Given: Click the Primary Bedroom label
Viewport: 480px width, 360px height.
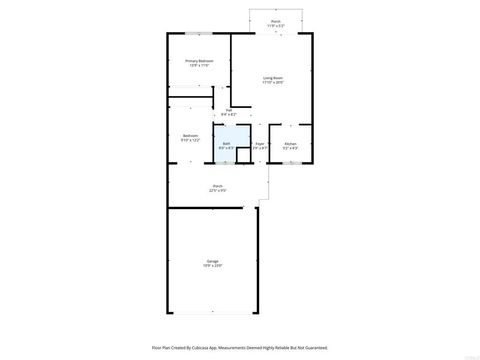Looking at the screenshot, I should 199,61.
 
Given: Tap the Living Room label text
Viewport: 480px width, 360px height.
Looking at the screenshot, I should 272,78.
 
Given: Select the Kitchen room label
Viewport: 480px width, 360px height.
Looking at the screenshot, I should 290,144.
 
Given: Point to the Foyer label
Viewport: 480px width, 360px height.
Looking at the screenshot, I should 259,144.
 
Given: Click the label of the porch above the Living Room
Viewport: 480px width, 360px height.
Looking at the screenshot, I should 276,21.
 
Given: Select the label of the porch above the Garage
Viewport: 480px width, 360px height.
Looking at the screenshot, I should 217,186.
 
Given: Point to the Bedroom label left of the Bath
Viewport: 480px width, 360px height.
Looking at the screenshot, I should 190,135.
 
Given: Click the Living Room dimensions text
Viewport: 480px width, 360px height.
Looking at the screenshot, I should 272,83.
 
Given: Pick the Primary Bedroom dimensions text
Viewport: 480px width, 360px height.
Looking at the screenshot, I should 199,66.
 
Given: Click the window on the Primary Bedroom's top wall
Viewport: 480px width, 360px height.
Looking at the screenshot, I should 198,34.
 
